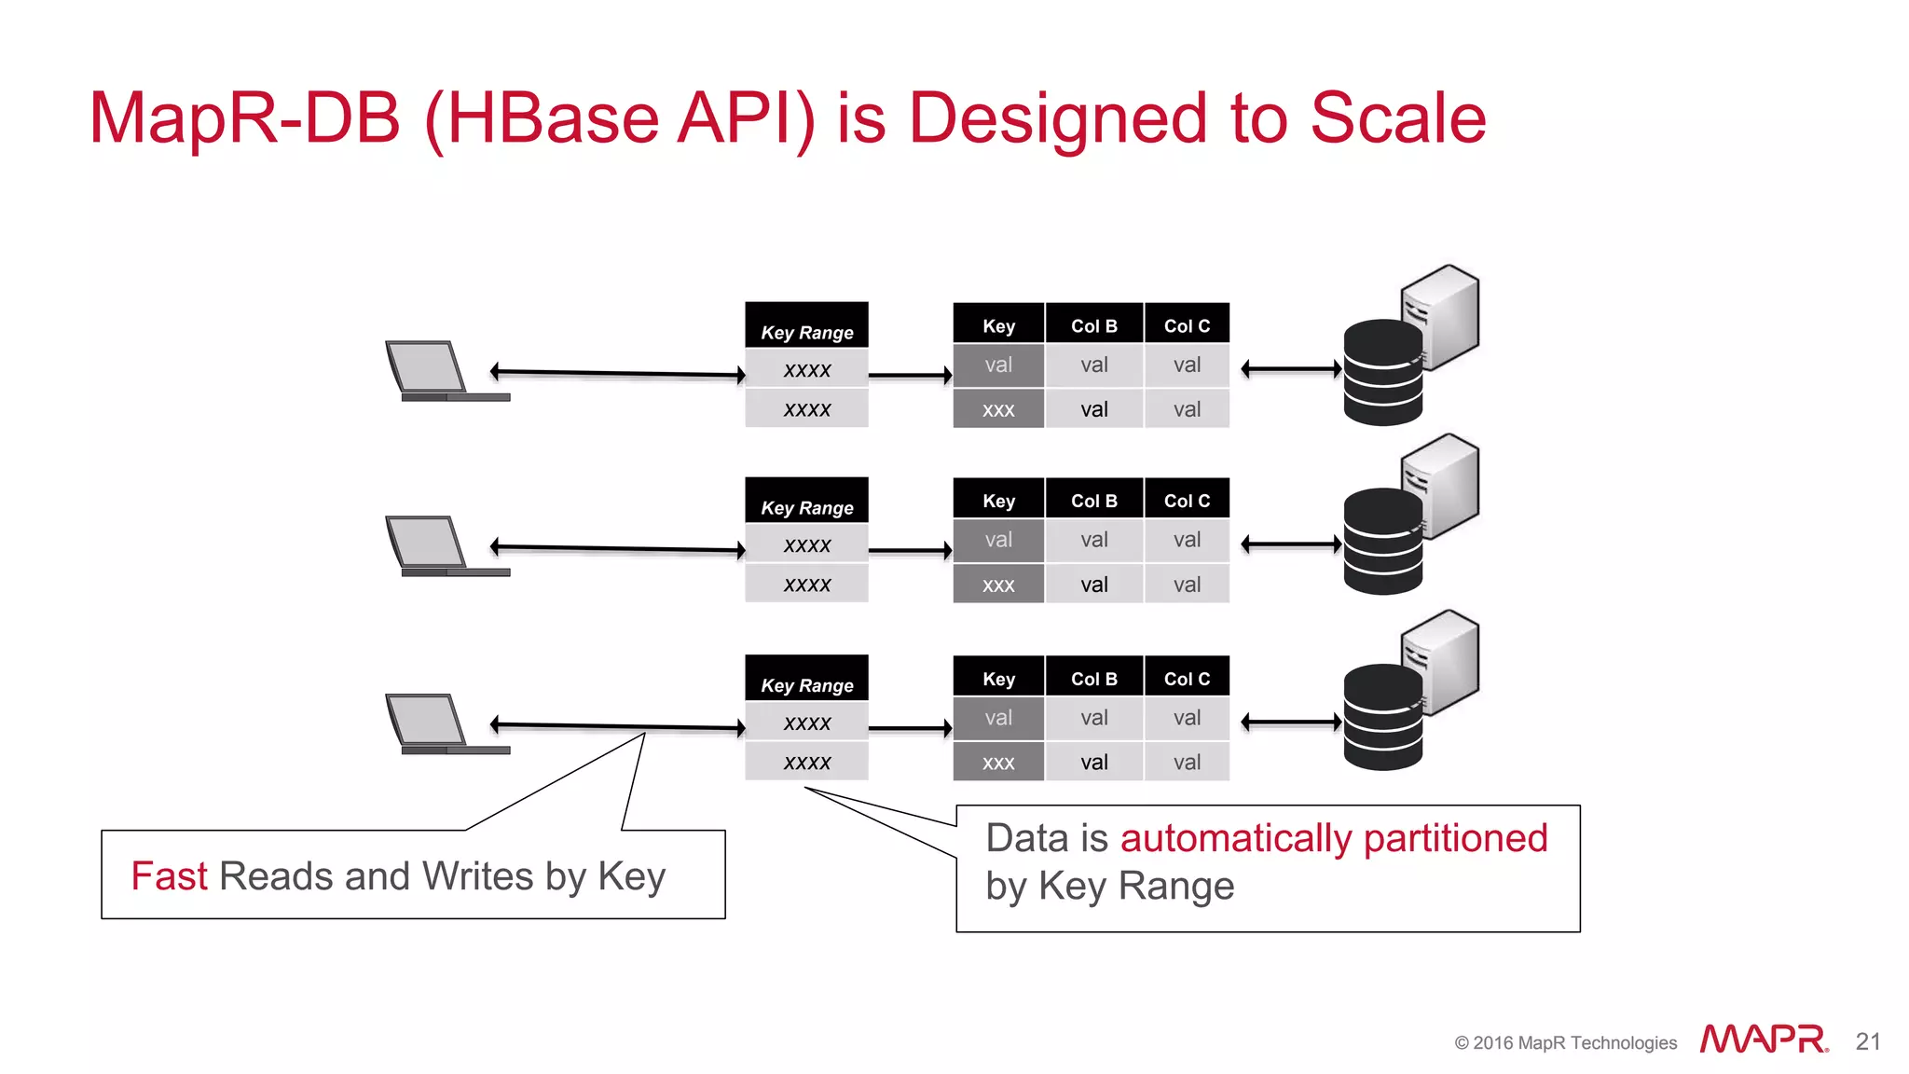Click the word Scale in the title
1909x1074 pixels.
click(1397, 118)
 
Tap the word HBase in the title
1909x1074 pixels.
click(553, 118)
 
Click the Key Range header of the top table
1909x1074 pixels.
click(806, 332)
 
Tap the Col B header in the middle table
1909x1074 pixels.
click(1093, 501)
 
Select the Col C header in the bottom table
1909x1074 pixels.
click(1187, 679)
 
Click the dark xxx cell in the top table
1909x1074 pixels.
click(998, 409)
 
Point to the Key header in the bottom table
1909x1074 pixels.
click(998, 679)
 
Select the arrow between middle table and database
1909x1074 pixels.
click(1291, 544)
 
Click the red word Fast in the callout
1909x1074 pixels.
click(169, 876)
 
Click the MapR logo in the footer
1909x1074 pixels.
click(1763, 1040)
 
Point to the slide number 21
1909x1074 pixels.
click(1868, 1041)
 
